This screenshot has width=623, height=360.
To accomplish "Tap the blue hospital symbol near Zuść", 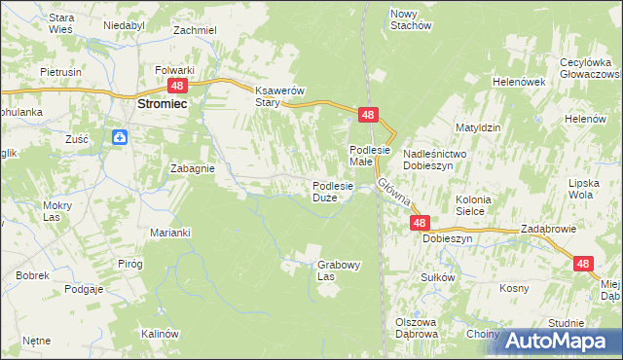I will (x=119, y=138).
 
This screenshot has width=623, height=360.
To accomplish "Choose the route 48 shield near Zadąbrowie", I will (x=582, y=264).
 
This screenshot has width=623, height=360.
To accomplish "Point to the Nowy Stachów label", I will (x=410, y=18).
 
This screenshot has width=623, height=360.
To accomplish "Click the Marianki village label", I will (x=169, y=233).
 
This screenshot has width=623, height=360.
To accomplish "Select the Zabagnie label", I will (x=192, y=167).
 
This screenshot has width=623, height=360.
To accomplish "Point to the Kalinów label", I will (x=161, y=334).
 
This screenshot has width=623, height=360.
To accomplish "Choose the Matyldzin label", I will (x=478, y=127).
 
